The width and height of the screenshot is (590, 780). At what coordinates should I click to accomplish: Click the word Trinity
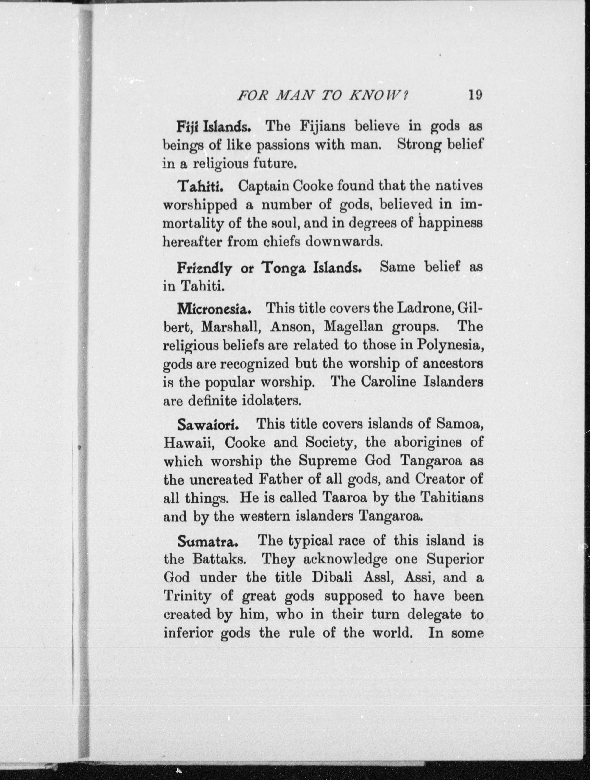[187, 596]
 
